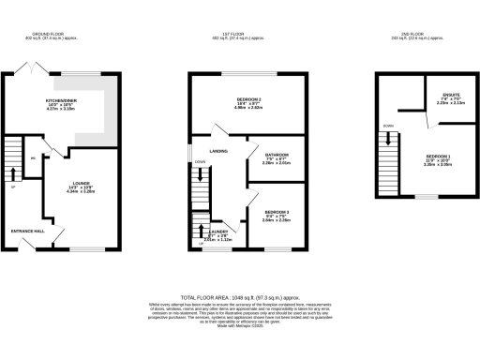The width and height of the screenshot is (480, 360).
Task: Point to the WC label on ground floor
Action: tap(34, 158)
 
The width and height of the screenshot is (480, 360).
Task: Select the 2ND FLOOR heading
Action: tap(418, 35)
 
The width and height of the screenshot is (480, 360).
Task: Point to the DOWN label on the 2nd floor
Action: tap(387, 124)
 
